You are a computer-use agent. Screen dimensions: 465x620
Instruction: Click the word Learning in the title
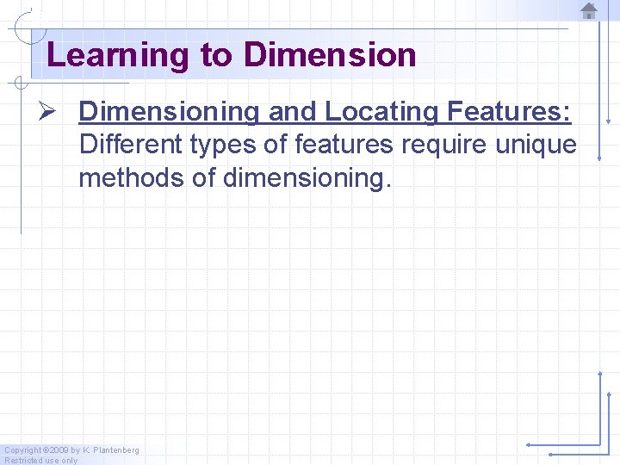tap(118, 55)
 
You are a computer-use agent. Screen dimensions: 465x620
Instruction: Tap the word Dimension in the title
tap(330, 55)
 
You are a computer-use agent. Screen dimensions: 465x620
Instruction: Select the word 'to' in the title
tap(216, 55)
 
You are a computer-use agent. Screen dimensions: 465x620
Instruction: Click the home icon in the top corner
tap(589, 10)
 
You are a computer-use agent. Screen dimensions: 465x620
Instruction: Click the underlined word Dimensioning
tap(169, 111)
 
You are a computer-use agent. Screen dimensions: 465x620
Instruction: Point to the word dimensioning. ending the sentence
tap(307, 178)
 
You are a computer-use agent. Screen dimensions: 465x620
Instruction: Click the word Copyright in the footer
tap(22, 450)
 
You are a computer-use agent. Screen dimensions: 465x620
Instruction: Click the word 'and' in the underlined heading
tap(293, 111)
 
